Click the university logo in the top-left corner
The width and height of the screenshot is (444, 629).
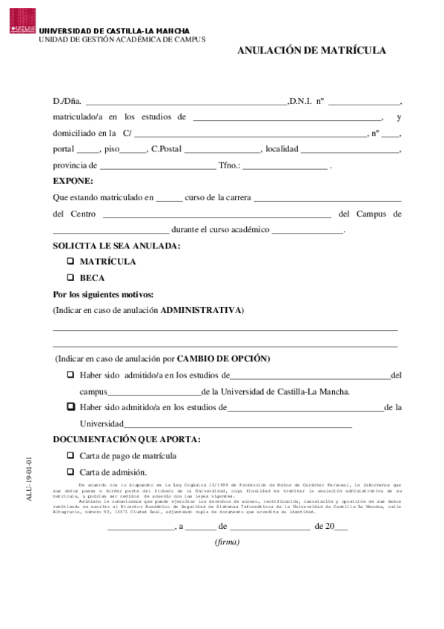coord(22,21)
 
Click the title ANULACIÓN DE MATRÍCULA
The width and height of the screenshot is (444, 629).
coord(311,50)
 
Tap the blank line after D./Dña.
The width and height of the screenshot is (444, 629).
coord(186,102)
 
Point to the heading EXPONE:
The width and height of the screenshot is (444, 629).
coord(73,181)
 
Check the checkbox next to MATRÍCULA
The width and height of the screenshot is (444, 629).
coord(71,261)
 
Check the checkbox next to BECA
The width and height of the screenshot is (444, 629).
coord(71,277)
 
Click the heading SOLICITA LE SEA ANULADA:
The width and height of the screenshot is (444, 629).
coord(116,246)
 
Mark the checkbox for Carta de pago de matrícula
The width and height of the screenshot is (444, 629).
coord(71,455)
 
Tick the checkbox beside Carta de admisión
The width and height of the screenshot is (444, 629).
coord(71,472)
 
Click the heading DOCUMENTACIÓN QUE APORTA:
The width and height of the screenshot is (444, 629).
coord(127,439)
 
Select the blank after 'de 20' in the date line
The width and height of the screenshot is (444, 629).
coord(342,527)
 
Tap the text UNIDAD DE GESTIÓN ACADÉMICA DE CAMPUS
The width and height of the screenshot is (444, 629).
coord(122,39)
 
